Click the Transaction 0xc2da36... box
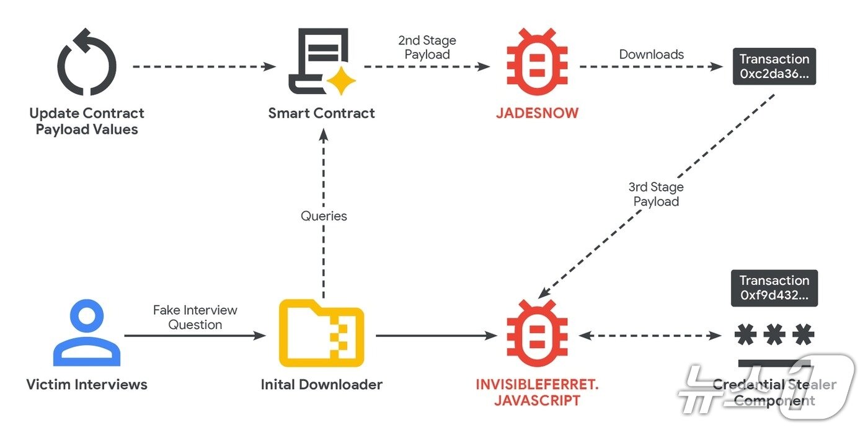click(774, 67)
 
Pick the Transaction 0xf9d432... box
click(774, 288)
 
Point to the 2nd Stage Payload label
click(427, 48)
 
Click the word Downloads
click(651, 55)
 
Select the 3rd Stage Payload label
click(656, 194)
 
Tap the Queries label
click(324, 216)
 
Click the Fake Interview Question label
click(195, 317)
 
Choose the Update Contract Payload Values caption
click(87, 121)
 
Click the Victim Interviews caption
click(87, 385)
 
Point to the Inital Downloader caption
click(321, 385)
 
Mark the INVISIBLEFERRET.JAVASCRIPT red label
click(537, 392)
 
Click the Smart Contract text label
click(321, 113)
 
